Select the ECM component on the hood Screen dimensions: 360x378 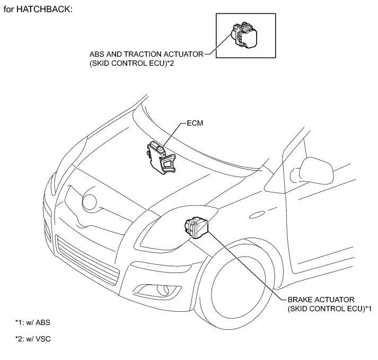pyautogui.click(x=160, y=156)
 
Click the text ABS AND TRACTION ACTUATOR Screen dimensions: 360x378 pyautogui.click(x=146, y=54)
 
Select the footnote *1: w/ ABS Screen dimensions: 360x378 pyautogui.click(x=32, y=322)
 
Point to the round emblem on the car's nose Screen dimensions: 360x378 pyautogui.click(x=89, y=202)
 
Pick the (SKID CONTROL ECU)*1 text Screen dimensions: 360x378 pyautogui.click(x=329, y=308)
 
